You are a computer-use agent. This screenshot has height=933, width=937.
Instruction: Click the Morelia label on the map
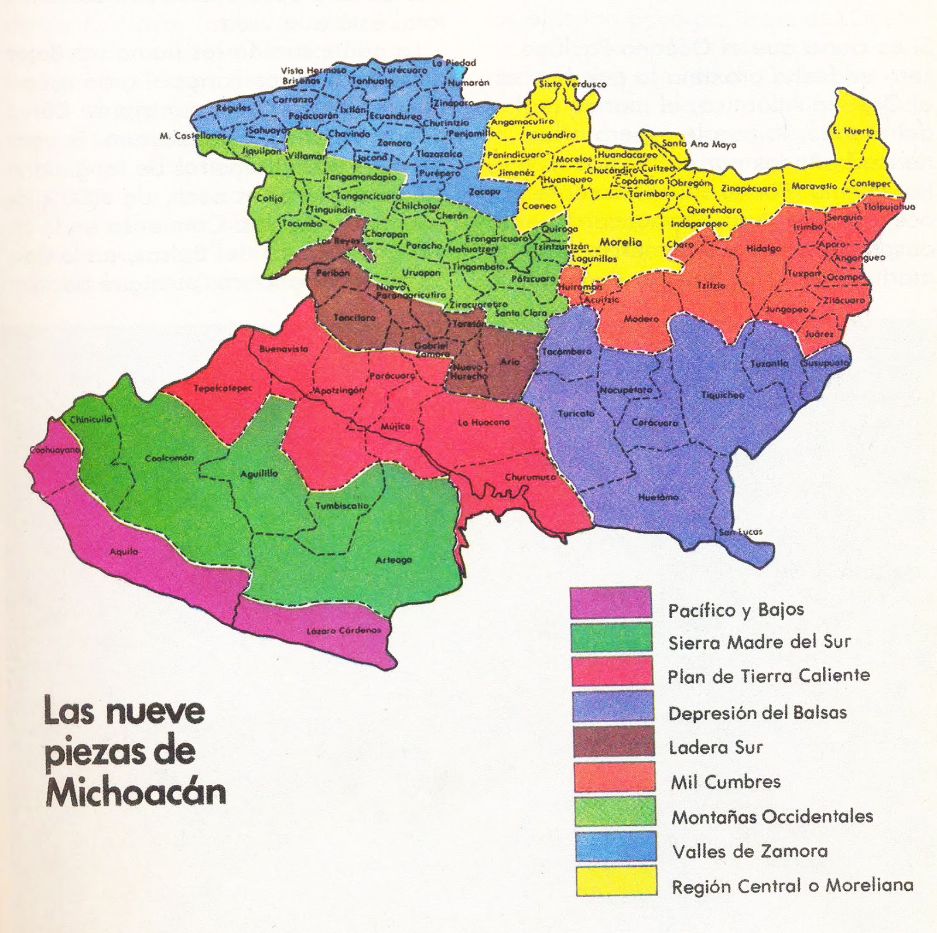tap(621, 242)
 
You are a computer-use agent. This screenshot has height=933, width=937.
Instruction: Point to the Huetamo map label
tap(658, 497)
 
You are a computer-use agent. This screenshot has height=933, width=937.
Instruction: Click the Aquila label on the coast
tap(124, 551)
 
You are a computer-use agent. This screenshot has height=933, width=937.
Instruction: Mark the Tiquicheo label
tap(723, 395)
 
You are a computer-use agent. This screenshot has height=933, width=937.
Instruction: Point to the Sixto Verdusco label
tap(572, 84)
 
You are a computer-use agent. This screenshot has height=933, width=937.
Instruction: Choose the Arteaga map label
tap(394, 560)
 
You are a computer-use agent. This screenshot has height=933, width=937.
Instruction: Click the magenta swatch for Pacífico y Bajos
tap(611, 603)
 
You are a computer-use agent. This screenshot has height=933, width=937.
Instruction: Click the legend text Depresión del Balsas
tap(757, 713)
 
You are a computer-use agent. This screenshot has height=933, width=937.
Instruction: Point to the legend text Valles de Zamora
tap(750, 851)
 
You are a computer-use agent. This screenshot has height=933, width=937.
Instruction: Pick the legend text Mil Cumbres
tap(726, 781)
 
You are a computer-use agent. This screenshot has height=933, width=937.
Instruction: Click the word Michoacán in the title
tap(136, 792)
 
